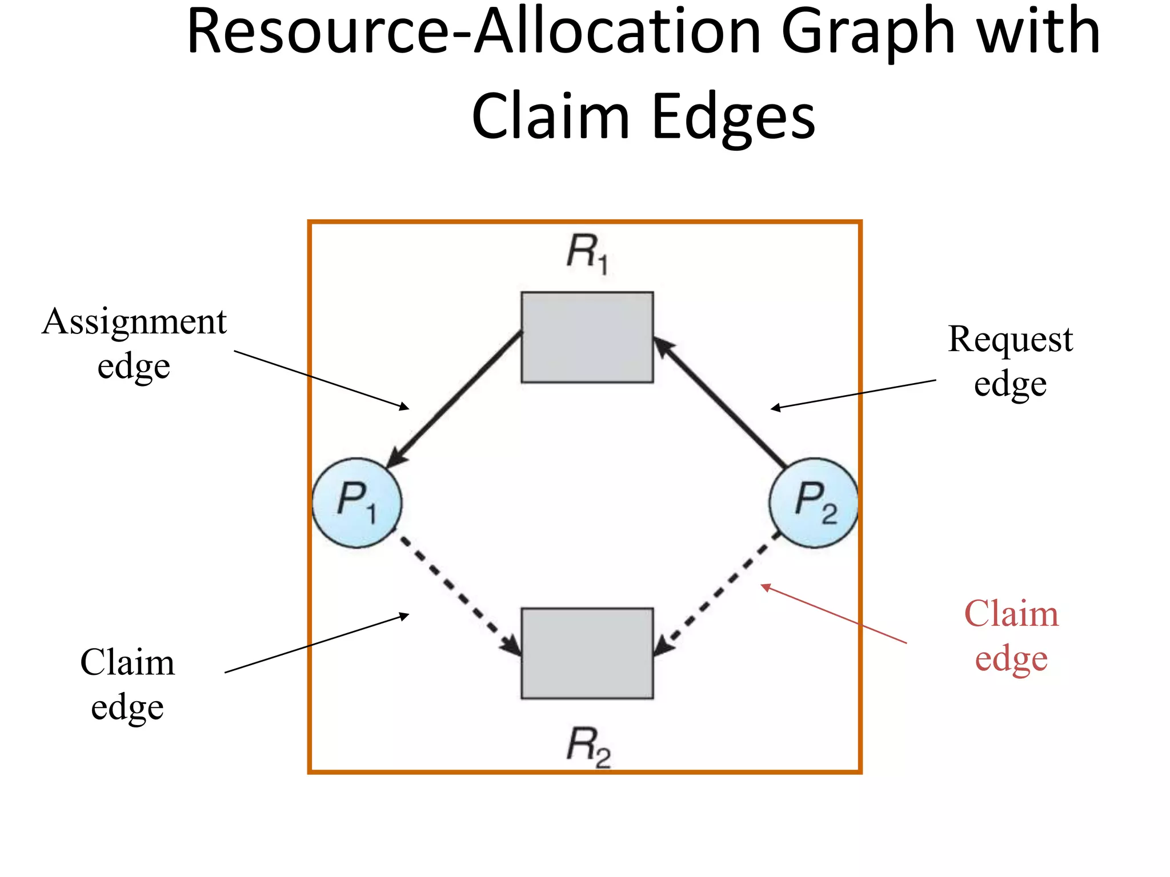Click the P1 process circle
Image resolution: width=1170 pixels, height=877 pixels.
click(357, 502)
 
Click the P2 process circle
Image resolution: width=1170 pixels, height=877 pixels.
click(814, 502)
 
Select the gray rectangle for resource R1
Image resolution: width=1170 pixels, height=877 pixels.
click(587, 337)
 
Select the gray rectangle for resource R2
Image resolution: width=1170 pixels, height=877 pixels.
click(587, 653)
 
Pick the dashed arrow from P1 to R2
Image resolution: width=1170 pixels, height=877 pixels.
click(457, 594)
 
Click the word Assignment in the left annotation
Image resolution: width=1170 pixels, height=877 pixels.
click(134, 323)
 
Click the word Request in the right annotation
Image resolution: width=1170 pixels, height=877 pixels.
click(1010, 340)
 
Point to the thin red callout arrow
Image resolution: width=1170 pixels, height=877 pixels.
click(834, 614)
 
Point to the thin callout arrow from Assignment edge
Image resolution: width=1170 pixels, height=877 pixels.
click(320, 379)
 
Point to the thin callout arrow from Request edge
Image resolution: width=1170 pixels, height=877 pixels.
click(854, 394)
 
